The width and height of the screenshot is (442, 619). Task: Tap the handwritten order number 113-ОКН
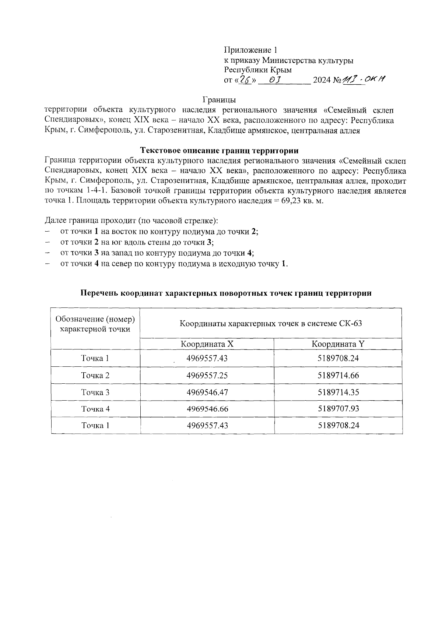coord(363,79)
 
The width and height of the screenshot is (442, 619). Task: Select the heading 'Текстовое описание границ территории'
coord(219,150)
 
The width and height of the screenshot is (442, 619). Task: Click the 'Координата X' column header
coord(207,344)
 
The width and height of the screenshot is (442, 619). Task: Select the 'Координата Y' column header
coord(338,344)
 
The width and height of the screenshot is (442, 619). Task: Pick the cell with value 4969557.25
coord(207,375)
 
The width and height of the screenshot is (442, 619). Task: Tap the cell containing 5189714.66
coord(338,375)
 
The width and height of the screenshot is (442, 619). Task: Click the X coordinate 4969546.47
coord(207,392)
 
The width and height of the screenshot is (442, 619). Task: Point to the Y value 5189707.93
coord(338,409)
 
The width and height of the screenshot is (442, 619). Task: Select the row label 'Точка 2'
coord(95,375)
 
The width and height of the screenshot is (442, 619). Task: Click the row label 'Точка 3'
coord(95,392)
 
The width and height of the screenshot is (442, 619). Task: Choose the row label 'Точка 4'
coord(95,409)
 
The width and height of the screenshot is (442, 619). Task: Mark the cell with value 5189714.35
coord(338,392)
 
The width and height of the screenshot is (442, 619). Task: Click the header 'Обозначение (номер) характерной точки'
coord(95,324)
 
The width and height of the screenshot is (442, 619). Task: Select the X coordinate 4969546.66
coord(207,409)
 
